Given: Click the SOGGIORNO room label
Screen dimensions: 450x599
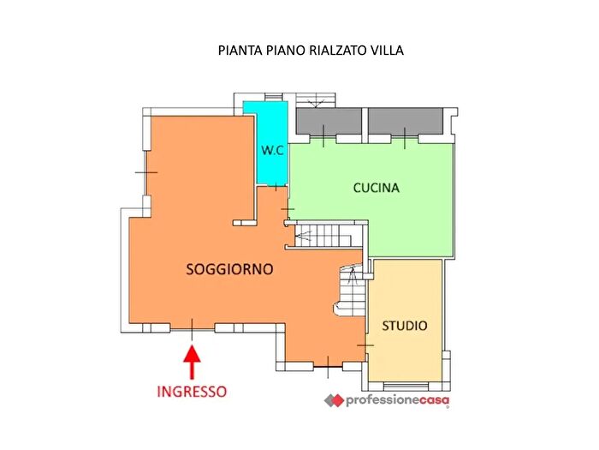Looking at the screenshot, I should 229,269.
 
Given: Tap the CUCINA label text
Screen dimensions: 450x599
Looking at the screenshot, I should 377,188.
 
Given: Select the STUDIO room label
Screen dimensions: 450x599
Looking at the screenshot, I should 405,326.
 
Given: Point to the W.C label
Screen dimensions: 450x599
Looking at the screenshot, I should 273,151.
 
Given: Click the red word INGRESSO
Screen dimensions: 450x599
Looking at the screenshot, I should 192,391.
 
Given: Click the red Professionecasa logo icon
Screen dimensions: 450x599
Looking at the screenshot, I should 333,400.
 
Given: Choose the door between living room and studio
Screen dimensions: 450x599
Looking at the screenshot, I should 366,344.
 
